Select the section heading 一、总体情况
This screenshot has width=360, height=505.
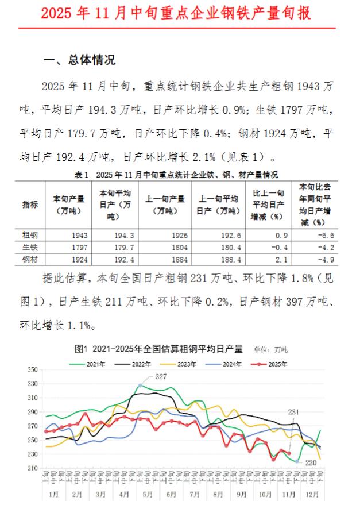click(x=80, y=59)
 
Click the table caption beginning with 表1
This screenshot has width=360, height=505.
click(x=176, y=175)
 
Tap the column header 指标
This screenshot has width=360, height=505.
click(x=30, y=205)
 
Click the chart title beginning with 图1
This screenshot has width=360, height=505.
click(x=159, y=348)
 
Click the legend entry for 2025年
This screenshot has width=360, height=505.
click(x=273, y=364)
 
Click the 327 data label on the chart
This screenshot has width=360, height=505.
click(x=161, y=376)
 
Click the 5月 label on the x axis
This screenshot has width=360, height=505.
click(x=146, y=494)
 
